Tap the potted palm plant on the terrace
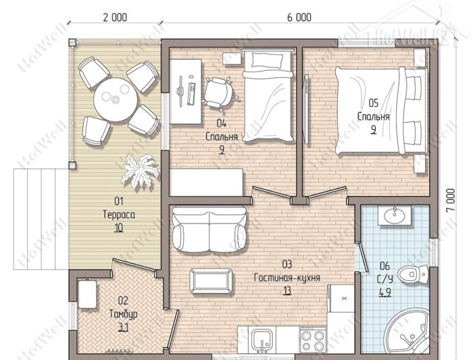click(141, 171)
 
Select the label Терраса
click(119, 214)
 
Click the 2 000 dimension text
click(115, 18)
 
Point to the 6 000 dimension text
click(299, 18)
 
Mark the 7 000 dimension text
click(451, 200)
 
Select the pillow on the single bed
click(268, 60)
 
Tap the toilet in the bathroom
click(413, 274)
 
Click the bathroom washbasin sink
click(395, 215)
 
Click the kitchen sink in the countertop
click(262, 340)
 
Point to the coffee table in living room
click(211, 281)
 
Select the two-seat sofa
click(209, 229)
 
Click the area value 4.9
click(385, 292)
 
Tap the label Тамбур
click(124, 314)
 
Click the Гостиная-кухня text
click(287, 278)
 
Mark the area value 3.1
click(124, 328)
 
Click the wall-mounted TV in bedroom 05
click(306, 109)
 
